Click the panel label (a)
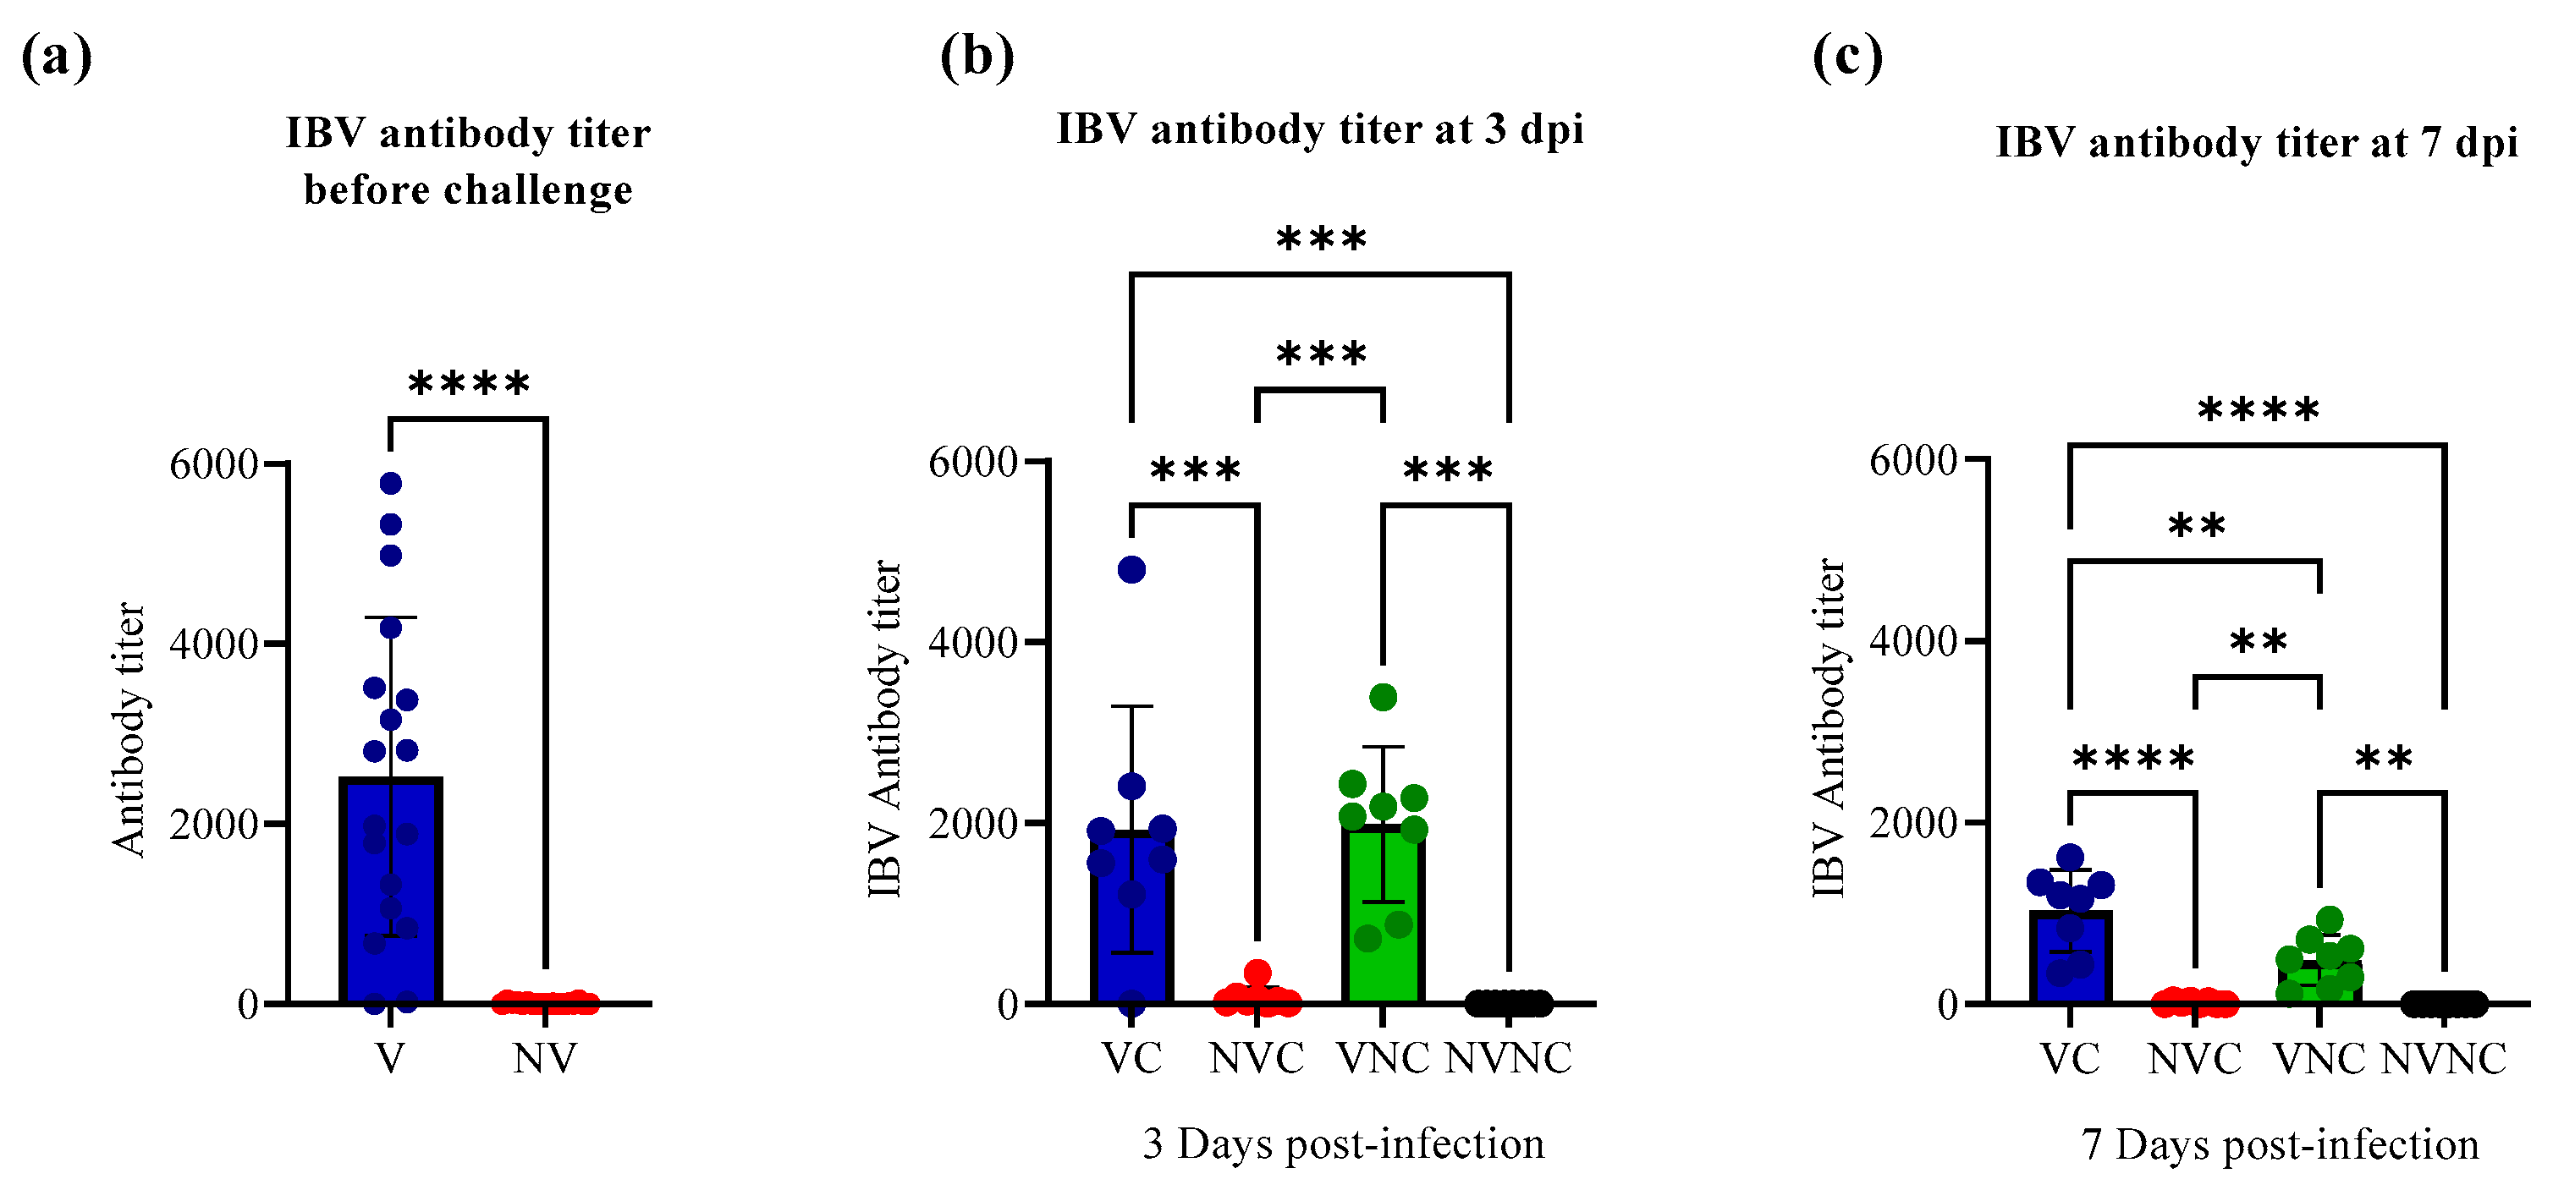click(x=57, y=57)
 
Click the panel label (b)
click(x=977, y=57)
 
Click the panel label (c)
click(x=1847, y=57)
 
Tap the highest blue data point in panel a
click(x=390, y=484)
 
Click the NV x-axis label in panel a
click(x=544, y=1059)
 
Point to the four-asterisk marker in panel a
click(x=469, y=384)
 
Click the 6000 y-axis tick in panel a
click(x=213, y=464)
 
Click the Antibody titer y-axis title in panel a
click(x=129, y=729)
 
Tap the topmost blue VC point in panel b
click(x=1131, y=570)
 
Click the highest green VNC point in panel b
click(x=1383, y=696)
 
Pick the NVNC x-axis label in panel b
click(x=1508, y=1059)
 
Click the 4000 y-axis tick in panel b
click(x=972, y=643)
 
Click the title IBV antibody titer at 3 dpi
click(x=1320, y=129)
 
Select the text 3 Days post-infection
click(x=1343, y=1144)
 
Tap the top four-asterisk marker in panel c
click(x=2258, y=410)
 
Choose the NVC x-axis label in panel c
click(x=2195, y=1059)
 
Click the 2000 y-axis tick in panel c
click(x=1913, y=823)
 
